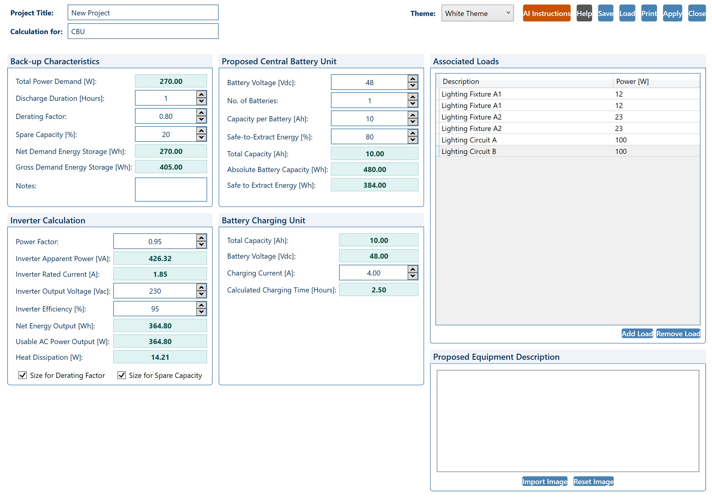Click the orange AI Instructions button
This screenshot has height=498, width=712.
tap(547, 13)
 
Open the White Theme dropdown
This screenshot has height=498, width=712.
tap(477, 13)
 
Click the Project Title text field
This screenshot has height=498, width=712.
tap(143, 13)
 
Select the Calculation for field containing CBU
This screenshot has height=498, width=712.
tap(143, 31)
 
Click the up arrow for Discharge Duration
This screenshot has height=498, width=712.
tap(202, 94)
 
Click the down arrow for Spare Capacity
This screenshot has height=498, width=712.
tap(202, 138)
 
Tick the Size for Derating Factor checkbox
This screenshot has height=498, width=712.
tap(23, 375)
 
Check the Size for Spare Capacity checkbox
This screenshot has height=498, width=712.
tap(122, 375)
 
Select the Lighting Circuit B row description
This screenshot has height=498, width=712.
tap(469, 152)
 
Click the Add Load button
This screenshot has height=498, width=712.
tap(637, 334)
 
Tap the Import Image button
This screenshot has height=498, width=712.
tap(544, 481)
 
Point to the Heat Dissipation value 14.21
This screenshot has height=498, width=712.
tap(160, 357)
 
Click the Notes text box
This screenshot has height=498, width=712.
tap(171, 189)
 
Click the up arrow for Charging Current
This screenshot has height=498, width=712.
tap(413, 269)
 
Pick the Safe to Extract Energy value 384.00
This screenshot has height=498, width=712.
tap(375, 185)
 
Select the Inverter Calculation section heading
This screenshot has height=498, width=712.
tap(48, 220)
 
